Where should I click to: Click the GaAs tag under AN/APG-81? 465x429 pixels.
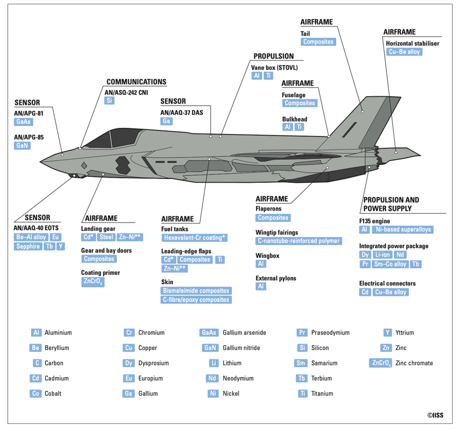[x=23, y=122]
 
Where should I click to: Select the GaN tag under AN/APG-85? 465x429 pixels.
[x=22, y=146]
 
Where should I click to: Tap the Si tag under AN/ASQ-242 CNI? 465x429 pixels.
[x=110, y=100]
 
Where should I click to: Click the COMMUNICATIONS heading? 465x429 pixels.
[x=136, y=82]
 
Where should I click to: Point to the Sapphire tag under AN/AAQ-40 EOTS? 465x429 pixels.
[x=28, y=247]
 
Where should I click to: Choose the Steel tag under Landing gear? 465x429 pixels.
[x=106, y=237]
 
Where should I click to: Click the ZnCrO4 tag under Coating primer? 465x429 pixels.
[x=93, y=282]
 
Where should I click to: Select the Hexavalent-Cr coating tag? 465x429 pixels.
[x=195, y=238]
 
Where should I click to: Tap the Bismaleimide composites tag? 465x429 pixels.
[x=196, y=291]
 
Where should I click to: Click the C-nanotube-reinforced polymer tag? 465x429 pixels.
[x=299, y=241]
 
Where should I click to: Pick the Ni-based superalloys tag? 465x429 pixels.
[x=403, y=230]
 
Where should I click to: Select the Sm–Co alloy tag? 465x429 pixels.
[x=390, y=264]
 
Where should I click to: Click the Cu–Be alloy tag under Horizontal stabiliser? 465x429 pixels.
[x=404, y=52]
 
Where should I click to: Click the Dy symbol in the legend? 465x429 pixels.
[x=129, y=363]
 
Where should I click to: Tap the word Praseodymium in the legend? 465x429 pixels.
[x=331, y=333]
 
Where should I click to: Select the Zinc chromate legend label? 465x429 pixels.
[x=414, y=363]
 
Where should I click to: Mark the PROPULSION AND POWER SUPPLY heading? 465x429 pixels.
[x=391, y=204]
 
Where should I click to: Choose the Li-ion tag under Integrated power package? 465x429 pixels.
[x=383, y=254]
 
